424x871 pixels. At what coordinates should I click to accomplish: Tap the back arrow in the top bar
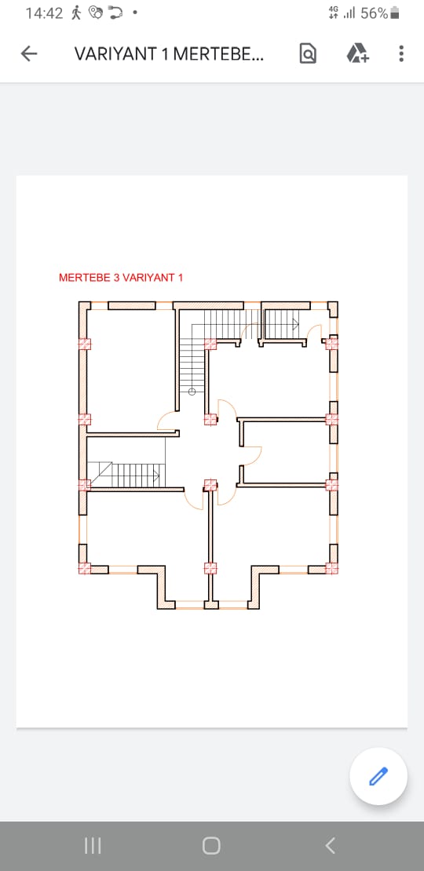(x=29, y=53)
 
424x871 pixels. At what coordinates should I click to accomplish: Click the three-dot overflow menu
(x=401, y=53)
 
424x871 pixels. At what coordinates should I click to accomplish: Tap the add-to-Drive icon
(x=357, y=53)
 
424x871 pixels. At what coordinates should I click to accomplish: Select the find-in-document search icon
(x=308, y=53)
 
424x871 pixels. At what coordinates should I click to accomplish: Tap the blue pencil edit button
(x=378, y=776)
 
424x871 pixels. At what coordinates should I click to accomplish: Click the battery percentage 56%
(x=374, y=13)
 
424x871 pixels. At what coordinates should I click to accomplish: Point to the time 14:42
(x=45, y=13)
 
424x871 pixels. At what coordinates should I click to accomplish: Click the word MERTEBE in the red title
(x=85, y=278)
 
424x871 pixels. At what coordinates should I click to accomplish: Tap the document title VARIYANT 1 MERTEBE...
(x=169, y=53)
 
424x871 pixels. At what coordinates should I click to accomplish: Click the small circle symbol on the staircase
(x=192, y=392)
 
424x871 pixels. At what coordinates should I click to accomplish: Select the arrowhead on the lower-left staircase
(x=157, y=475)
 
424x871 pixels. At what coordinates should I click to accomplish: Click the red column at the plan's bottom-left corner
(x=84, y=567)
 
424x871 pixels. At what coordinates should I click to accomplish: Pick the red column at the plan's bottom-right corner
(x=332, y=567)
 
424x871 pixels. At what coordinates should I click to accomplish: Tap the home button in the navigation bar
(x=211, y=845)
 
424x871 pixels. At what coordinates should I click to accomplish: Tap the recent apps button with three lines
(x=92, y=845)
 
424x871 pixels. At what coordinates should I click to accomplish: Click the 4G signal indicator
(x=334, y=13)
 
